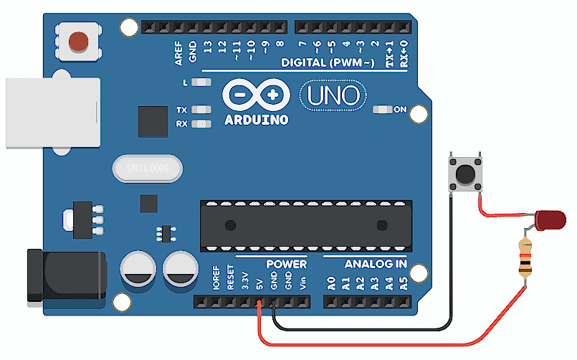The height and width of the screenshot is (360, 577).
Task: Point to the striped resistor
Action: coord(525,258)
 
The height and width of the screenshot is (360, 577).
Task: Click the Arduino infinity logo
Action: coord(256,95)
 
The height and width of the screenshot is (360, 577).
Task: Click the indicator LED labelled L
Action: coord(203,82)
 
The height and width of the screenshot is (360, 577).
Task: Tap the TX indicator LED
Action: coord(203,110)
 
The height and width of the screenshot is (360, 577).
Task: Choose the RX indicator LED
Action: coord(203,124)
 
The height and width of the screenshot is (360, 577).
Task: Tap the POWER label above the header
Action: coord(286,264)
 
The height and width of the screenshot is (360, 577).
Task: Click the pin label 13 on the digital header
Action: coord(207,48)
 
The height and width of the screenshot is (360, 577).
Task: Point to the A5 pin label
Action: coord(404,282)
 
